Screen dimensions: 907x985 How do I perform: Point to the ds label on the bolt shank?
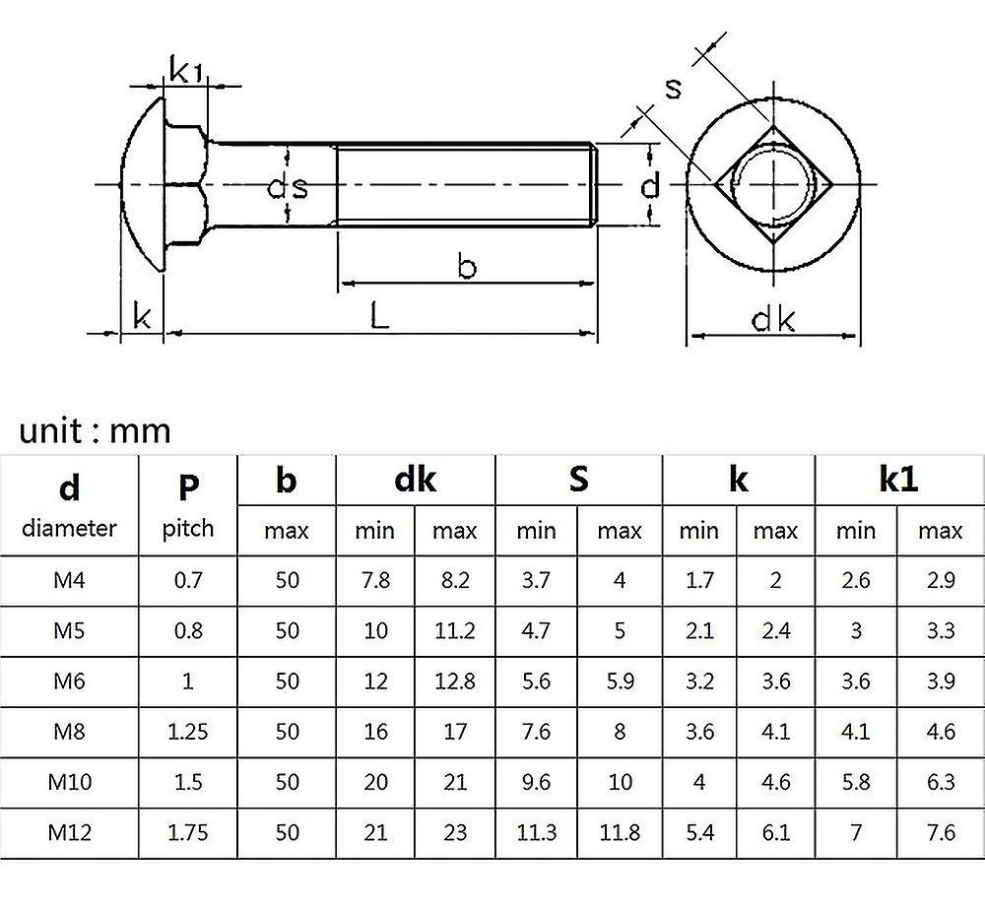pos(288,186)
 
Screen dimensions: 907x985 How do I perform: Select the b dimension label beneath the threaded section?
pos(467,266)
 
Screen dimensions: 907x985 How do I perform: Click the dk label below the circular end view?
pos(773,319)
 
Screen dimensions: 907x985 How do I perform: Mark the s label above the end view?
pos(674,88)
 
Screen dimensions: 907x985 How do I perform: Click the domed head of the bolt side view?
pos(143,186)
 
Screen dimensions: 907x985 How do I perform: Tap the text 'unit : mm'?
pos(95,430)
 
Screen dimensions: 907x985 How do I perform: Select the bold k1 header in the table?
pos(898,479)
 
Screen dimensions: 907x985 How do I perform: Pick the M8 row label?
pos(69,731)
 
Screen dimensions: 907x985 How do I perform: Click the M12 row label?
pos(69,832)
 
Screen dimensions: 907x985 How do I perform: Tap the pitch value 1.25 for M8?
pos(188,731)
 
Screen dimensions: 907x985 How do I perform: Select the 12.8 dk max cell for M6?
pos(454,680)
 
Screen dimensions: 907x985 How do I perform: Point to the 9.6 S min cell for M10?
pos(537,782)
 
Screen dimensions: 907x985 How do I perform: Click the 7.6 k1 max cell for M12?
pos(941,832)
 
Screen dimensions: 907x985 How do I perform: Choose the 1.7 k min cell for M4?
pos(698,580)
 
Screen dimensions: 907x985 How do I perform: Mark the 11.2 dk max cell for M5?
pos(454,630)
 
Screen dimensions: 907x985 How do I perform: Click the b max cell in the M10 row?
pos(287,782)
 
